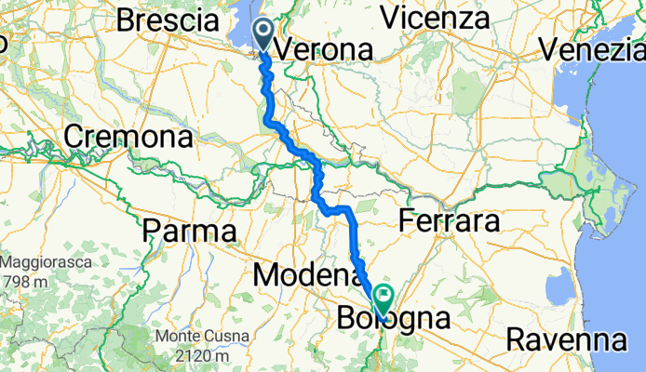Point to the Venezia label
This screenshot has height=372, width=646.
click(597, 48)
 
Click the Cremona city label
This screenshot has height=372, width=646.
click(128, 138)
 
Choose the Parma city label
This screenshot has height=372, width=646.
click(189, 229)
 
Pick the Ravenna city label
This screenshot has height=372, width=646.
click(566, 339)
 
